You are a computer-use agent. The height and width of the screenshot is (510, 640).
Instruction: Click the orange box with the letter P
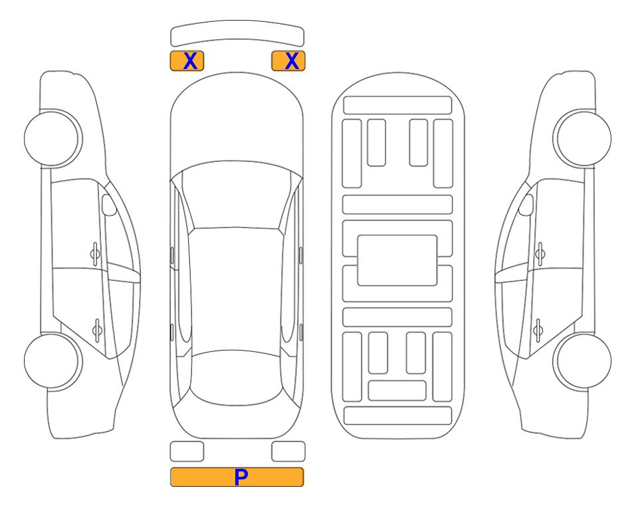tap(237, 477)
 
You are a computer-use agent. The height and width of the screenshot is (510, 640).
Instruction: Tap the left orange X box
tap(187, 61)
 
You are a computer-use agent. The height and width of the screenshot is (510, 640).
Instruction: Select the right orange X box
tap(288, 61)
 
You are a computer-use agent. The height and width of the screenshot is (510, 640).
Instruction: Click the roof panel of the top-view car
tap(236, 290)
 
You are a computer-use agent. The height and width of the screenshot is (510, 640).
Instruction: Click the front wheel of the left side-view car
tap(53, 138)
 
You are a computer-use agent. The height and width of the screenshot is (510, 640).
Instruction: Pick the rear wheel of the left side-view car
tap(53, 361)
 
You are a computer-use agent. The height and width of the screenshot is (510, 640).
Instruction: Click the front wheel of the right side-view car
tap(582, 138)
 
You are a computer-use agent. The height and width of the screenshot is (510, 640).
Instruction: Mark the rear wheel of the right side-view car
tap(582, 361)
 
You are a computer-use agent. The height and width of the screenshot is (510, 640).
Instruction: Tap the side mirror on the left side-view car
tap(108, 205)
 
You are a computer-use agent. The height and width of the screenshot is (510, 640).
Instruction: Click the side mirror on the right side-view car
tap(526, 205)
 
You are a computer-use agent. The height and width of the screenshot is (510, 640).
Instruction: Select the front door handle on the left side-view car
tap(95, 254)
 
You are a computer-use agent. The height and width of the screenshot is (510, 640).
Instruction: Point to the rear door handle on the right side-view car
tap(538, 331)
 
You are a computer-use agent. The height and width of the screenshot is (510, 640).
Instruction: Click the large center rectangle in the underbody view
tap(397, 260)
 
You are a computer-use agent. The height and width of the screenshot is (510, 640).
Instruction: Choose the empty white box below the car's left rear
tap(187, 452)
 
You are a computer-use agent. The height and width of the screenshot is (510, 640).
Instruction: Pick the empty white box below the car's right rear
tap(288, 452)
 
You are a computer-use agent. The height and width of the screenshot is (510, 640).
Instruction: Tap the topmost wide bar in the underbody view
tap(397, 106)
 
